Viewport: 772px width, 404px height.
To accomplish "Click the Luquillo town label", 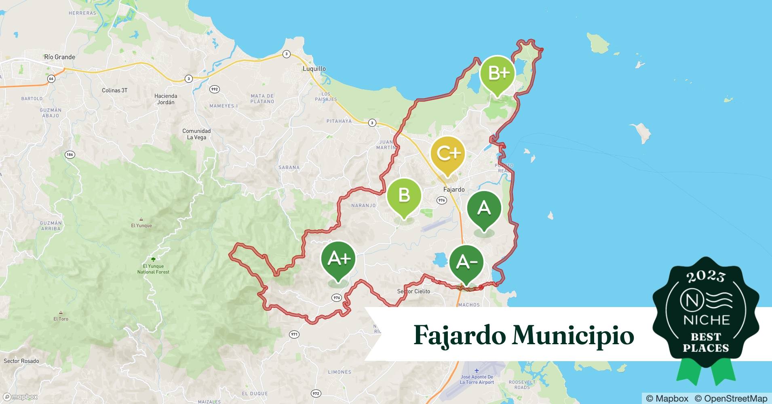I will pos(314,69).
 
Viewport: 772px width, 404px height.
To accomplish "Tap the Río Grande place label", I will pos(59,57).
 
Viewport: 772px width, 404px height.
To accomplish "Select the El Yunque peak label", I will pos(141,225).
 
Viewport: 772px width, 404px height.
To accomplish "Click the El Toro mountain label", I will pos(61,319).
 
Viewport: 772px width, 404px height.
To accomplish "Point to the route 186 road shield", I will pos(70,154).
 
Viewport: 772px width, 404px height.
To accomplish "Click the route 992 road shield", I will pos(214,89).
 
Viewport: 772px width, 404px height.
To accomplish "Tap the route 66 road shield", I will pos(51,79).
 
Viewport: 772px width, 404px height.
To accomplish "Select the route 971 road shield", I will pos(294,334).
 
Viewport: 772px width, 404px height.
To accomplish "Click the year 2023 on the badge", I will pos(706,276).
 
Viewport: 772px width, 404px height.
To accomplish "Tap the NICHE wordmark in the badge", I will pos(706,320).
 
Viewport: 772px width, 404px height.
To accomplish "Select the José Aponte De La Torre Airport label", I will pos(477,379).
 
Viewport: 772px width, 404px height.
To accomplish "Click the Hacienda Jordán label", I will pos(166,99).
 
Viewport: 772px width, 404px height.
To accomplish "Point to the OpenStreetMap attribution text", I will pos(731,398).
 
